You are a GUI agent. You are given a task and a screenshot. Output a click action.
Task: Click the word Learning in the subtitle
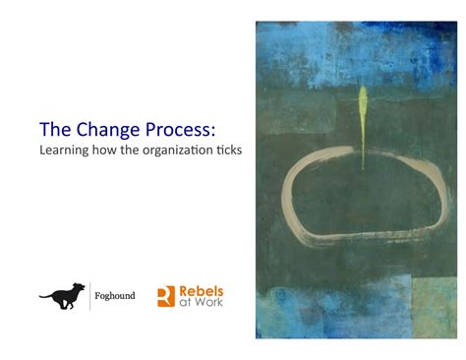coord(62,151)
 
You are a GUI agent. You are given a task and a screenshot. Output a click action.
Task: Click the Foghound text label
coord(116,295)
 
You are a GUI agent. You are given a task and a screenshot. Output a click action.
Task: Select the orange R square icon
coord(166,296)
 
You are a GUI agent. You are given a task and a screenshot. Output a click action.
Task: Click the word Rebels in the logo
coord(202,291)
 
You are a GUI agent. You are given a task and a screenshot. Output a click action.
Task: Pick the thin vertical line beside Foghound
coord(90,295)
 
